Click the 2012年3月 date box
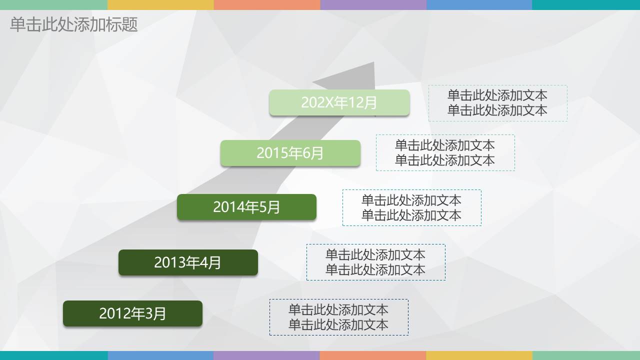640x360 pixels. click(132, 313)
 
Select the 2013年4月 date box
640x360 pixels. click(188, 262)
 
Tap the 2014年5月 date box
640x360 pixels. click(246, 207)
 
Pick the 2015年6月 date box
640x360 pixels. click(290, 153)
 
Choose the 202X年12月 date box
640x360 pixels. click(339, 102)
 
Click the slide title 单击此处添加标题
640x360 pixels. click(73, 24)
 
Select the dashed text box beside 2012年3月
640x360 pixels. click(338, 317)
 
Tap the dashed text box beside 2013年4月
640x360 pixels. click(375, 262)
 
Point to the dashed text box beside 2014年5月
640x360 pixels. click(411, 207)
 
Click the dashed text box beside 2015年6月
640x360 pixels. click(445, 152)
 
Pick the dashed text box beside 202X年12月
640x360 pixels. click(497, 103)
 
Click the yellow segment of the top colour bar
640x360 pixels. click(160, 4)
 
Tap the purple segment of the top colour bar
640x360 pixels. click(373, 4)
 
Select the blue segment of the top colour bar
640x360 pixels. click(479, 4)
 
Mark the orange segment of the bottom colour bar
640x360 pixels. click(373, 355)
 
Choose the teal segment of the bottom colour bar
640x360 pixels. click(53, 355)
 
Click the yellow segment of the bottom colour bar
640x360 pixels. click(479, 355)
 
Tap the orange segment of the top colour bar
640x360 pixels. click(266, 4)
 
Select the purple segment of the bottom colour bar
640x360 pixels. click(266, 355)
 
